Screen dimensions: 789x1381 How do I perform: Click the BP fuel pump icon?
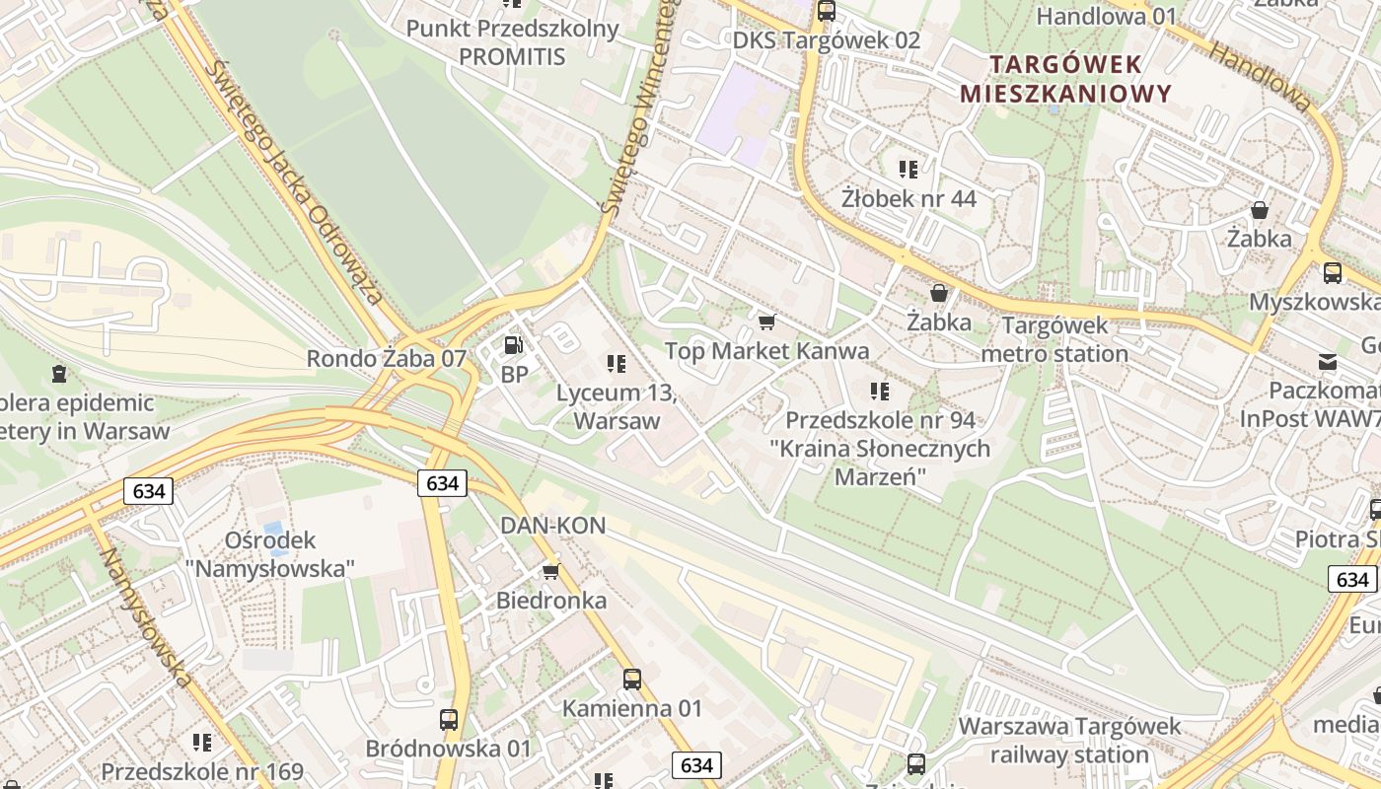[513, 345]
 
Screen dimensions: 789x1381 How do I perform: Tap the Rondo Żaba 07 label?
[386, 358]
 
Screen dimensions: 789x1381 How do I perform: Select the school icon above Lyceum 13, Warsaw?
[617, 364]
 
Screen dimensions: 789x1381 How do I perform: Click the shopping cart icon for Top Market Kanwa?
[766, 322]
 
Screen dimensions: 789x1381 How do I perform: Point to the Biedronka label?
[551, 600]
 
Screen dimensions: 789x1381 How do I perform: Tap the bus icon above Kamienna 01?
[632, 679]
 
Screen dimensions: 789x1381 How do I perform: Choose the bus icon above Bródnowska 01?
[449, 719]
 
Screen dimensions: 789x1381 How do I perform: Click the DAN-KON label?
[552, 526]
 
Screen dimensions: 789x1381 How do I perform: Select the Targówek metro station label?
[1054, 339]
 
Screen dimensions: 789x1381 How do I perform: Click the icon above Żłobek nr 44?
[909, 170]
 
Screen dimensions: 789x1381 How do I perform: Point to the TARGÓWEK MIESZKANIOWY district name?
[1065, 79]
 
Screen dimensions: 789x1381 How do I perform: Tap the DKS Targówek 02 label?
[827, 40]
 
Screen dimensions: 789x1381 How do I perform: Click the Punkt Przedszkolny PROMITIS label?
[513, 42]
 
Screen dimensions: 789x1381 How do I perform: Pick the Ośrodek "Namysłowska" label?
[270, 553]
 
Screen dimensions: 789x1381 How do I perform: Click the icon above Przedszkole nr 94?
[880, 392]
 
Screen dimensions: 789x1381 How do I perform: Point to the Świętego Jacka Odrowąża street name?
[295, 182]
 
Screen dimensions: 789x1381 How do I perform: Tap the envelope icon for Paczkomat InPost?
[1328, 362]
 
